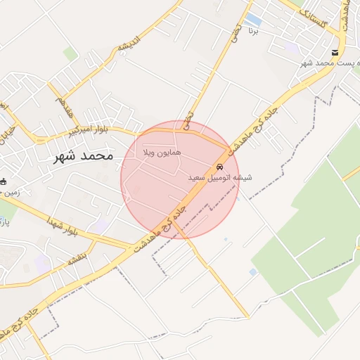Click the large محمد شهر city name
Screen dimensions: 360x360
coord(83,157)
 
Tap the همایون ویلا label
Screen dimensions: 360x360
coord(162,152)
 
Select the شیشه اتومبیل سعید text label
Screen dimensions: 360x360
coord(219,179)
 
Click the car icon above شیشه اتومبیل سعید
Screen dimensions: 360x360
coord(220,167)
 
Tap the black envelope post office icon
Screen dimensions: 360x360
coord(335,53)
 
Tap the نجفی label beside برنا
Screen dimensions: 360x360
coord(236,30)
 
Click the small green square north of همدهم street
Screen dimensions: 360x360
coord(70,53)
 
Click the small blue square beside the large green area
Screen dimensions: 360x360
coord(253,272)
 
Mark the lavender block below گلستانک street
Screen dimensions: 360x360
coord(291,47)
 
